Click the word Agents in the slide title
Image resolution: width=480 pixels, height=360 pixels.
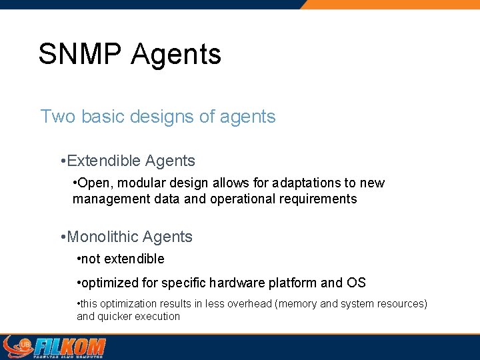click(x=176, y=54)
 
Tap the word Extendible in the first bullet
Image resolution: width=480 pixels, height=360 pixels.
click(x=104, y=161)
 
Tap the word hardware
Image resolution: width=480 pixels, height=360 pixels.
click(x=238, y=283)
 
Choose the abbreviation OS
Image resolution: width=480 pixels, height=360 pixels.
click(x=356, y=283)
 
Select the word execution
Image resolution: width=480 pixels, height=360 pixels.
click(x=157, y=317)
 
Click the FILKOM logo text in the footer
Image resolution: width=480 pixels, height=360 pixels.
click(x=69, y=347)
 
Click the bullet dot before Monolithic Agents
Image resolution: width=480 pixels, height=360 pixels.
click(x=62, y=237)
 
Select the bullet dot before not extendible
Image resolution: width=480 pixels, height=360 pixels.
click(x=79, y=259)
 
